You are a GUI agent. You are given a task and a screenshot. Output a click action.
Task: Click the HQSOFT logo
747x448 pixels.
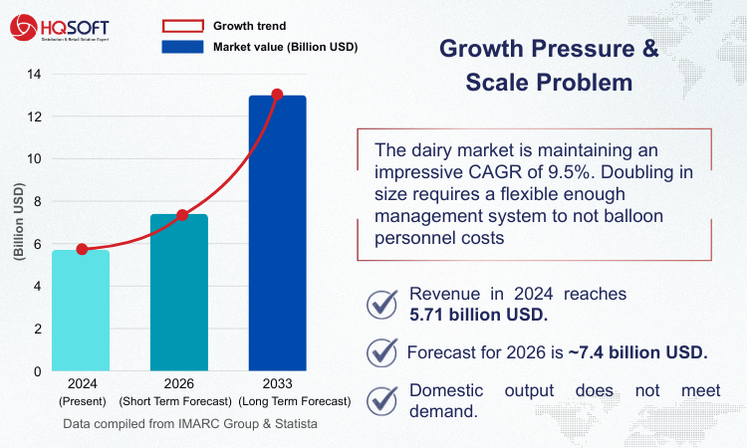click(x=62, y=26)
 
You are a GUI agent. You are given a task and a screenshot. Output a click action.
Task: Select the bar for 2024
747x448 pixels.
click(x=81, y=310)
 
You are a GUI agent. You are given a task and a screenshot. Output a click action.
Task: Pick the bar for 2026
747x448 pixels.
click(x=179, y=293)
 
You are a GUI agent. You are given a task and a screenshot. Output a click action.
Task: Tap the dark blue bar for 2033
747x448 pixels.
click(x=277, y=233)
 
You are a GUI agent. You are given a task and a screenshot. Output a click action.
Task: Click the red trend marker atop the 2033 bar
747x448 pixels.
click(x=277, y=95)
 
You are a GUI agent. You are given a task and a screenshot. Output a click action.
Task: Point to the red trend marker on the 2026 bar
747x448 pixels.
click(x=182, y=215)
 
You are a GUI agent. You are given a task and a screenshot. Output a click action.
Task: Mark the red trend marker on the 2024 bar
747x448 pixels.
click(x=82, y=249)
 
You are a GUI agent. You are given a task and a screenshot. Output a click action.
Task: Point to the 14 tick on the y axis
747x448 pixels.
click(x=35, y=74)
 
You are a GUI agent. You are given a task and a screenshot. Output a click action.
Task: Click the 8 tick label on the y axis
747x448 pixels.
click(x=37, y=201)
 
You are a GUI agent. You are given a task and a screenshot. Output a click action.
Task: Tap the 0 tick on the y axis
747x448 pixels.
click(x=37, y=371)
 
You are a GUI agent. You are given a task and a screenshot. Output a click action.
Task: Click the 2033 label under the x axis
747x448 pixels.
click(x=277, y=385)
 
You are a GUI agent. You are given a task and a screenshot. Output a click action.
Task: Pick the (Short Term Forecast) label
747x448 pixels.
click(x=178, y=401)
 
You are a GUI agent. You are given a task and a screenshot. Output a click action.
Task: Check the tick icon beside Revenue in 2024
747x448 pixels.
click(x=382, y=305)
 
